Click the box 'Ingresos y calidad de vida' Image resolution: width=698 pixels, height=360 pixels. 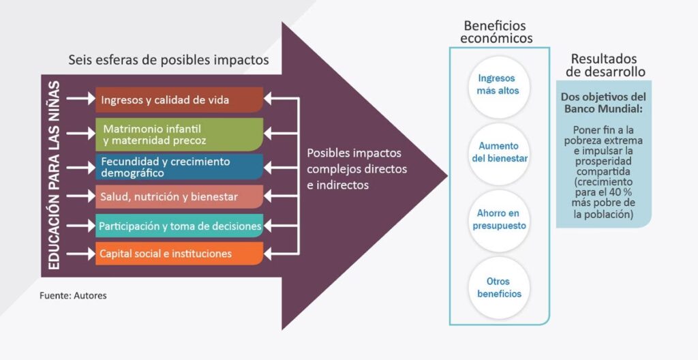click(179, 100)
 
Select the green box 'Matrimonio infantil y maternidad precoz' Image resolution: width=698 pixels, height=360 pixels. click(179, 134)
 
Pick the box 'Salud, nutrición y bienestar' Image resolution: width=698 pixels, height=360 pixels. click(179, 197)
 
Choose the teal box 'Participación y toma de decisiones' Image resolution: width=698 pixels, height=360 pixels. click(179, 226)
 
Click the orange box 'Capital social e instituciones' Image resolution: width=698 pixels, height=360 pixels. click(179, 254)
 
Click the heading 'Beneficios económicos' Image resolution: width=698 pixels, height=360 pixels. click(496, 32)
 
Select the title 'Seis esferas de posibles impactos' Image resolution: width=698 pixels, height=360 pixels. click(168, 60)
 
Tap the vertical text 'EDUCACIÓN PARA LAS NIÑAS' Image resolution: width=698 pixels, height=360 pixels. click(55, 175)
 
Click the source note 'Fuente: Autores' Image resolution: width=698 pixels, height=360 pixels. click(73, 296)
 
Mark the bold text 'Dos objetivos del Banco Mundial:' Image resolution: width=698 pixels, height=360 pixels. click(603, 103)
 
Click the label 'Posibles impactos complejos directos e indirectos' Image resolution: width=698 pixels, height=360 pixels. click(354, 168)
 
